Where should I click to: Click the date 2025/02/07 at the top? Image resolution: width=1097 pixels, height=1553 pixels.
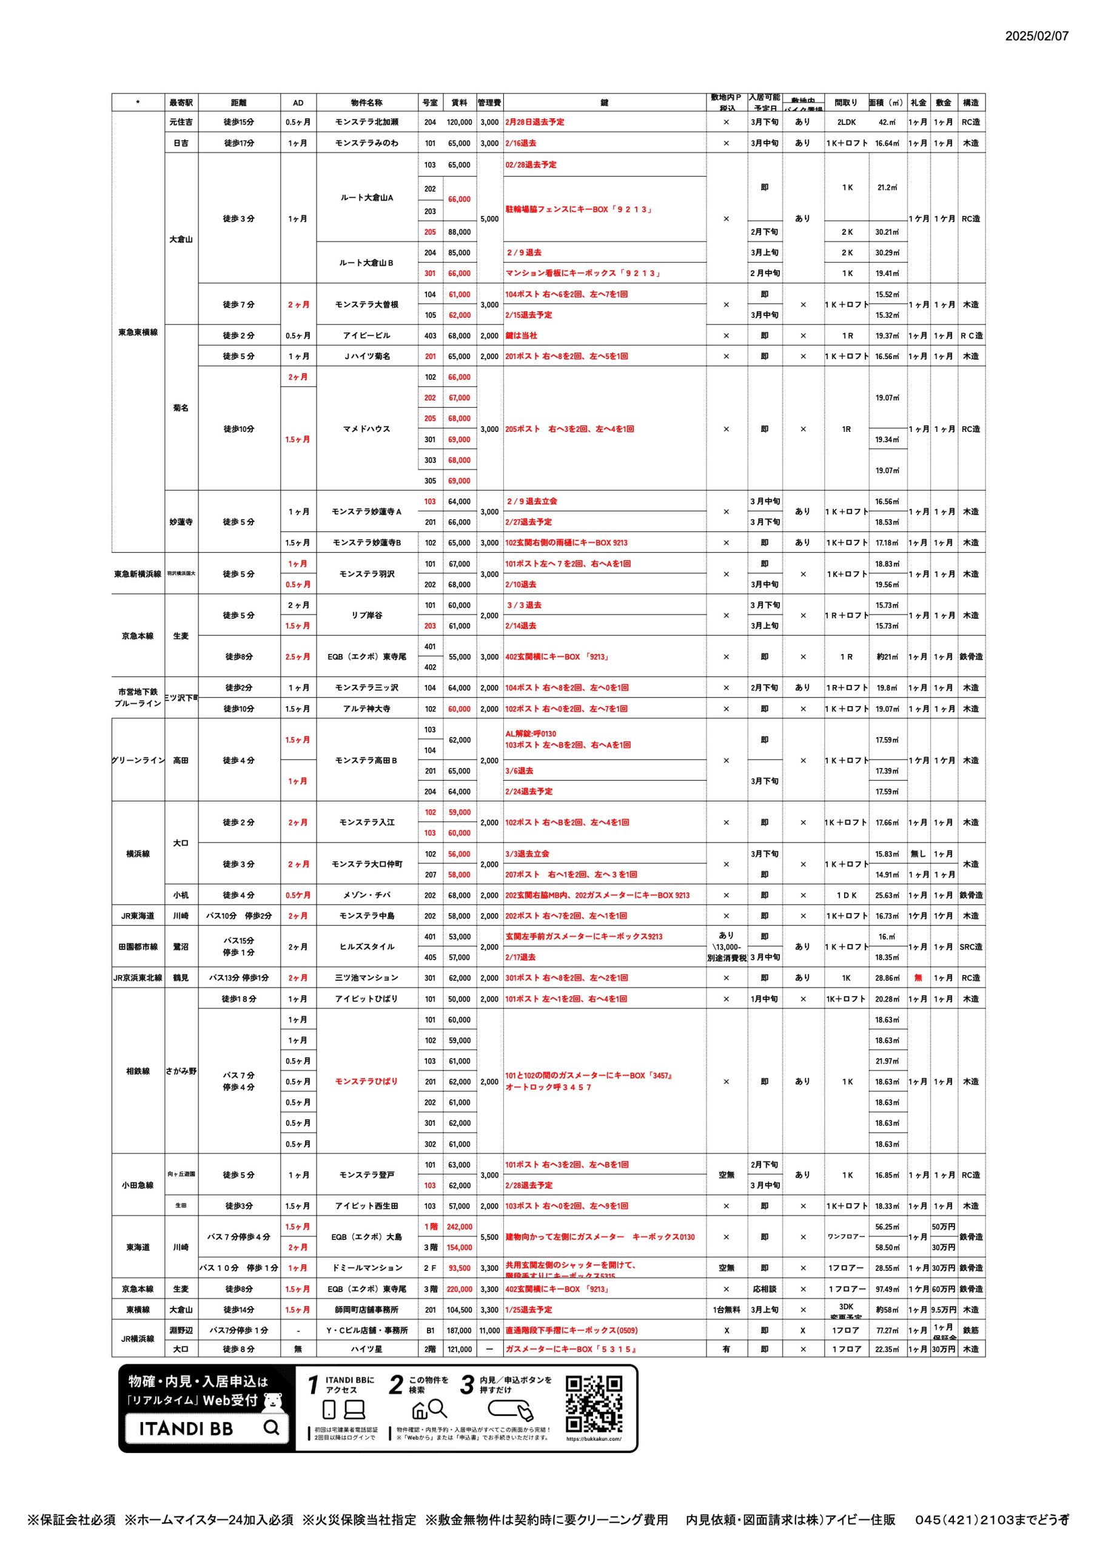1036,36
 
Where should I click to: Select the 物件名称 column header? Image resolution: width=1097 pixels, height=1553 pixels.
366,103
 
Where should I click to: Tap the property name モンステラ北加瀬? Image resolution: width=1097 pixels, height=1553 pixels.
366,123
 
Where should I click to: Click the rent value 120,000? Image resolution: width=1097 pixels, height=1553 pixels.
459,123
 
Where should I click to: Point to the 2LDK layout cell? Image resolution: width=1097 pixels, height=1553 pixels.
846,123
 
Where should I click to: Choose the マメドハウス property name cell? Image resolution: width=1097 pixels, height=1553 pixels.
366,429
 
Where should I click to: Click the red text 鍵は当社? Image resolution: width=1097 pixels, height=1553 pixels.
521,335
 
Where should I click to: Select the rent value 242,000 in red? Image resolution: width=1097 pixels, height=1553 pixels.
459,1226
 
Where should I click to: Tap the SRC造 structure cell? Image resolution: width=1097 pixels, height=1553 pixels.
970,947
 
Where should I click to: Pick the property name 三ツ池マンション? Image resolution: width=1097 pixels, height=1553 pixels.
366,977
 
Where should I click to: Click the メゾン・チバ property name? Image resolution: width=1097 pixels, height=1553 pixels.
366,895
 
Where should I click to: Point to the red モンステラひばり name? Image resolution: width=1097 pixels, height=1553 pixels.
366,1081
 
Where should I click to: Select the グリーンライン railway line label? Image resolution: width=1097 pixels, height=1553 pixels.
138,760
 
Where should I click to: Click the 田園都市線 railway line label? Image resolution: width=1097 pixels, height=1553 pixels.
138,947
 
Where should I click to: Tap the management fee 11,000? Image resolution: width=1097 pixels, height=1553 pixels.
489,1330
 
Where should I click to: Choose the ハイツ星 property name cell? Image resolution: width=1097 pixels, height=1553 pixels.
366,1349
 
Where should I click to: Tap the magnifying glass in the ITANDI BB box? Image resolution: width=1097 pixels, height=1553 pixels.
271,1427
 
